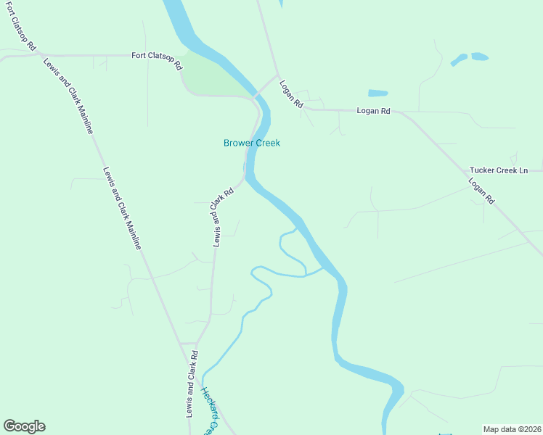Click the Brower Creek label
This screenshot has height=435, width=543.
point(251,143)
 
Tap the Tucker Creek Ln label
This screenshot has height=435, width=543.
point(498,170)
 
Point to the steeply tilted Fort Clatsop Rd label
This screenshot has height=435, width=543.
point(20,25)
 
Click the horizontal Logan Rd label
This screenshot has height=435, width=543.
point(373,111)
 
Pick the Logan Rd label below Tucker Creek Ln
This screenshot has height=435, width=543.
point(481,191)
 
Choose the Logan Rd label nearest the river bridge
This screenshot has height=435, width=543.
point(290,94)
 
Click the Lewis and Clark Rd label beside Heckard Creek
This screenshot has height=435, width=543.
point(191,385)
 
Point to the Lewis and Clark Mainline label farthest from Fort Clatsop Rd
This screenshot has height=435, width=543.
point(121,210)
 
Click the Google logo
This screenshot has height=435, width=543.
point(24,426)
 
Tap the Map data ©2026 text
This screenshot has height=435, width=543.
point(512,428)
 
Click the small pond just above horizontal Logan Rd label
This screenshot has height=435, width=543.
point(377,93)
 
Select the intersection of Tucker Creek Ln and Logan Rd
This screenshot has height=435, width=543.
point(465,171)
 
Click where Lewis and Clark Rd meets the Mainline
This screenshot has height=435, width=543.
point(179,343)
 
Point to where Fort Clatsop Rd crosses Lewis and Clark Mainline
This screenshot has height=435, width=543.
point(37,55)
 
